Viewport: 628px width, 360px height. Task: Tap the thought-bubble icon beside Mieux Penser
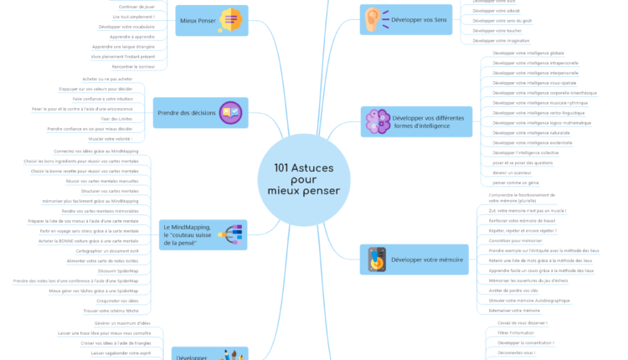point(232,19)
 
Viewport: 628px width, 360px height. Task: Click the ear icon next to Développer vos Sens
point(373,19)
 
